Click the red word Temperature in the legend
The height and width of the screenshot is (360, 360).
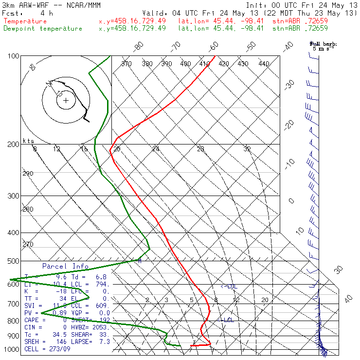[25, 21]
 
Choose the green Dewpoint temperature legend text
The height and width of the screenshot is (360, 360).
[43, 29]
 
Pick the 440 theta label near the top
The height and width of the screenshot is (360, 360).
[264, 64]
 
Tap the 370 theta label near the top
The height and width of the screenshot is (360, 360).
[126, 64]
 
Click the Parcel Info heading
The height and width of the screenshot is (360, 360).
[65, 267]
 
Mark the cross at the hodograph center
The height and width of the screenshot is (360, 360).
[66, 101]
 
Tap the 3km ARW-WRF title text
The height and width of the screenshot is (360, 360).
[25, 5]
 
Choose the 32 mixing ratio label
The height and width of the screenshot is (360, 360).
[247, 149]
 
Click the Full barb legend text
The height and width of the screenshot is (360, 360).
[324, 44]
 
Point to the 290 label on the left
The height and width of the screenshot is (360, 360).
[28, 174]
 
